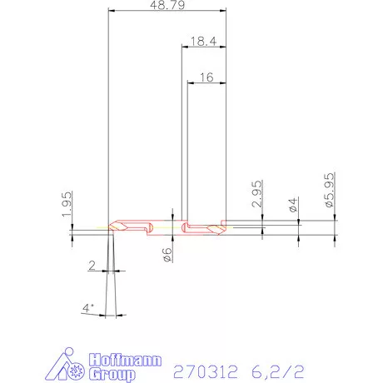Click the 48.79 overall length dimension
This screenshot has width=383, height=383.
168,5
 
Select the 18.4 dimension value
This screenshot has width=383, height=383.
204,40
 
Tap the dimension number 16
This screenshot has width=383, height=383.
207,77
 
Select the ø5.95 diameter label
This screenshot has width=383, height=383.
329,191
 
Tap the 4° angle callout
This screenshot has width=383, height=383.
87,309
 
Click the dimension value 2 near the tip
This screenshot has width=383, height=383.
91,266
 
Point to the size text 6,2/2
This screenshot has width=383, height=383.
271,369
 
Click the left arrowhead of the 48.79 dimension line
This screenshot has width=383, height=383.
112,12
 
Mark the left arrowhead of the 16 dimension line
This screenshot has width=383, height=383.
190,83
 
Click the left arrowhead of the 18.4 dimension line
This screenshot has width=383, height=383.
184,47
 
